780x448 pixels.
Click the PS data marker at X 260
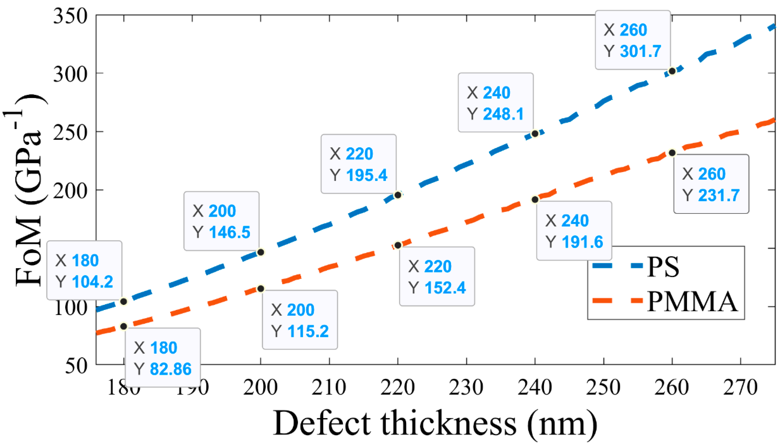(x=672, y=71)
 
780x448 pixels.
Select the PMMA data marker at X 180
(x=123, y=326)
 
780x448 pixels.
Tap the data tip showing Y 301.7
(x=633, y=40)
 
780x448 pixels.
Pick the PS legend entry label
(x=663, y=267)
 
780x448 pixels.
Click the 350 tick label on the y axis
(x=70, y=16)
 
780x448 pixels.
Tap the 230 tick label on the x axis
(x=466, y=388)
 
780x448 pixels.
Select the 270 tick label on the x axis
(x=740, y=388)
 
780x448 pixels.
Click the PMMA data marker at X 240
(x=535, y=200)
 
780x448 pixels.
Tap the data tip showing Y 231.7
(x=711, y=184)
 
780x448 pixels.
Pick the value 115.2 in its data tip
(x=308, y=331)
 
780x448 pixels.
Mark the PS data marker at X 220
(x=398, y=195)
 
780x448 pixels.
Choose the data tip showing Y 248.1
(x=496, y=102)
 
